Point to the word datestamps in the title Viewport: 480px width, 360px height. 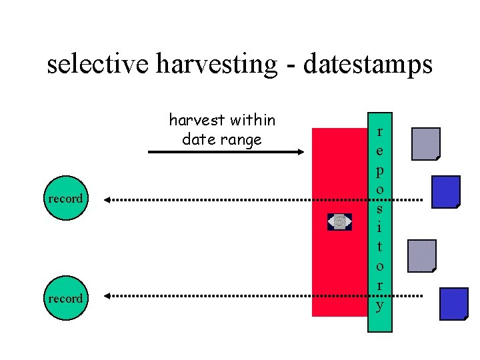coord(367,65)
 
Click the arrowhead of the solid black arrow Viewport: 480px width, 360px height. coord(299,153)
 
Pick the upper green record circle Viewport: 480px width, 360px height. coord(65,199)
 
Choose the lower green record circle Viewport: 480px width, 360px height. coord(65,298)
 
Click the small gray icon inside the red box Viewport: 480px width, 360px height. coord(339,221)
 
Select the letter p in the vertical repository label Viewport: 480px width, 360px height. coord(380,170)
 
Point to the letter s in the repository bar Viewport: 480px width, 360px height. coord(380,209)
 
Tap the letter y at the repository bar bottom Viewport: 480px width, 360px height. coord(380,306)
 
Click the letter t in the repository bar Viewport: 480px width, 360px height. coord(380,247)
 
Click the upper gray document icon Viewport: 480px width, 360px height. coord(426,144)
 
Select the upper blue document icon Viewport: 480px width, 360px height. coord(446,192)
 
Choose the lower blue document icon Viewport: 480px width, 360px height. coord(454,304)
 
